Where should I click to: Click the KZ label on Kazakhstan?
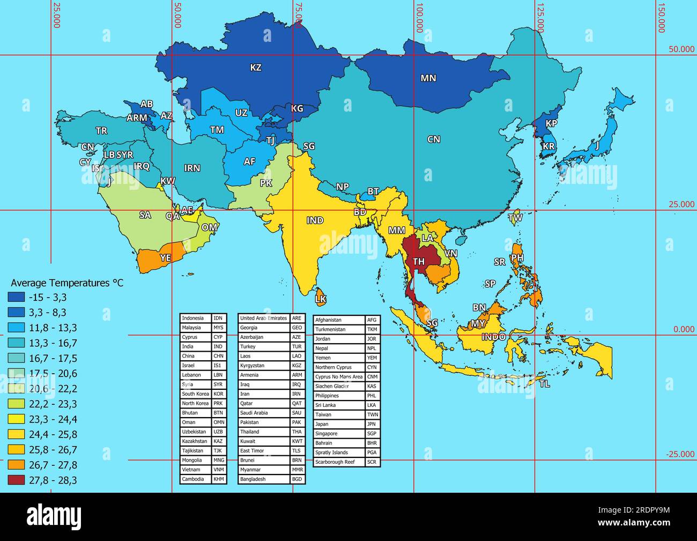click(x=256, y=68)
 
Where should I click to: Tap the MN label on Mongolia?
click(x=428, y=78)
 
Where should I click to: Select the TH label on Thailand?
click(x=419, y=262)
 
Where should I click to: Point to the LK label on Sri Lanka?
click(x=321, y=299)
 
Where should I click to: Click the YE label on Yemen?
click(x=166, y=258)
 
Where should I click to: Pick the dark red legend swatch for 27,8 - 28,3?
click(x=17, y=480)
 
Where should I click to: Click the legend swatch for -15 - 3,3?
click(x=17, y=297)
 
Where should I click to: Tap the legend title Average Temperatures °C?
click(x=67, y=283)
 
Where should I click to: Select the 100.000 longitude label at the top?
click(x=420, y=19)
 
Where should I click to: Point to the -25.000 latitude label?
click(x=680, y=454)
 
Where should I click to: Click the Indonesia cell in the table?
click(x=196, y=318)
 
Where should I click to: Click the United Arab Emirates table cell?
click(x=264, y=318)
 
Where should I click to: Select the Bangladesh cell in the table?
click(x=264, y=479)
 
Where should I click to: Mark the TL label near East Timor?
click(x=545, y=384)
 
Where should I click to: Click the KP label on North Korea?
click(x=551, y=123)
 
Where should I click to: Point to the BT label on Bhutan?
click(x=373, y=191)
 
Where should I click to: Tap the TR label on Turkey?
click(x=101, y=131)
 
